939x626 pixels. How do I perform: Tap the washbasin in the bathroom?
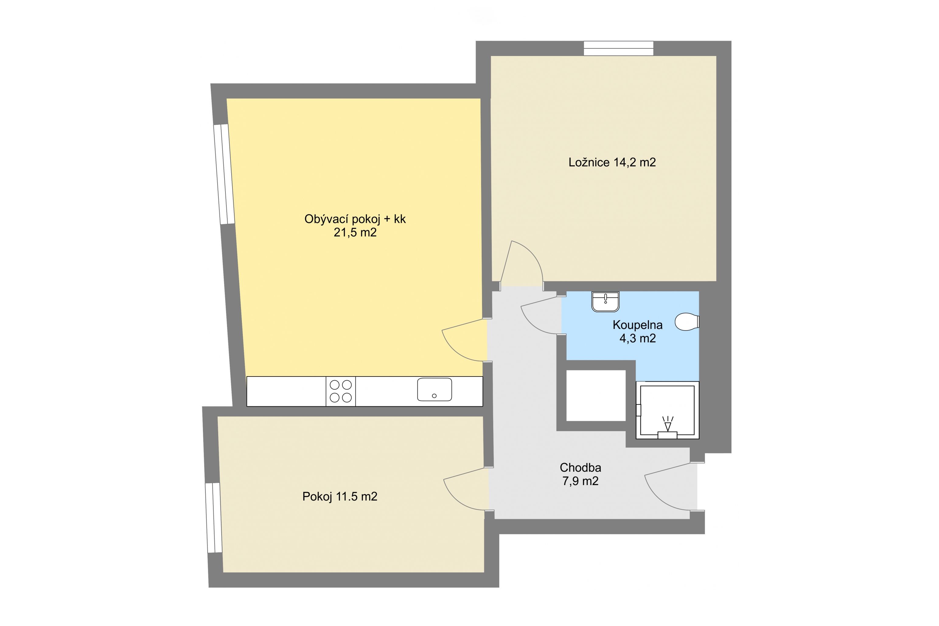click(606, 301)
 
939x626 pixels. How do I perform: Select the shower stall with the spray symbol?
click(667, 410)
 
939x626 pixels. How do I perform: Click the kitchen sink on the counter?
click(435, 389)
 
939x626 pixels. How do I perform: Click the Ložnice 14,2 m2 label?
click(612, 163)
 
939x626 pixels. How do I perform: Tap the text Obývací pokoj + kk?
click(355, 219)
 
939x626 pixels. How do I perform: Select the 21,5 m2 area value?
click(355, 233)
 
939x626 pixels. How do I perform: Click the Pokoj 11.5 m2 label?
click(340, 496)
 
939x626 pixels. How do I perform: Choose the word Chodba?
click(580, 467)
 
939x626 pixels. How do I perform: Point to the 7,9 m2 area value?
click(580, 481)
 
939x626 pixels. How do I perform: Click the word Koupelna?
click(637, 325)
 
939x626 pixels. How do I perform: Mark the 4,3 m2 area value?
click(637, 338)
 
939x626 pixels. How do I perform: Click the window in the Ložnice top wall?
click(618, 48)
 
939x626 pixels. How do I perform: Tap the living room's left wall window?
click(224, 174)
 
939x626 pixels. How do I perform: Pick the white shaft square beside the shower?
click(596, 396)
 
